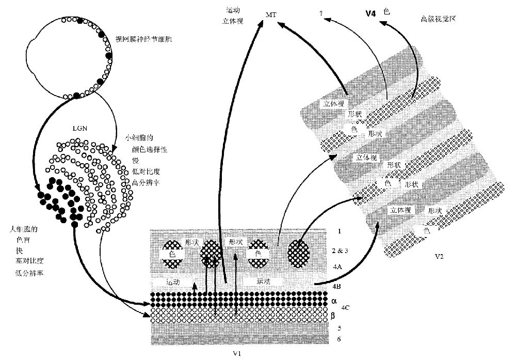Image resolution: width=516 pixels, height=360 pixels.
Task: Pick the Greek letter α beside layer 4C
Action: point(334,300)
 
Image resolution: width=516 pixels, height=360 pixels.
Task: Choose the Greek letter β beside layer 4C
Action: point(334,315)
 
